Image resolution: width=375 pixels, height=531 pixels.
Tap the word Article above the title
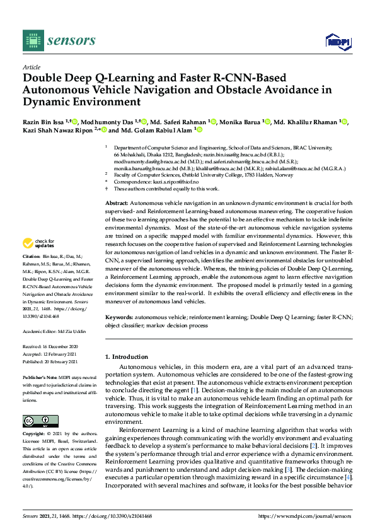click(31, 67)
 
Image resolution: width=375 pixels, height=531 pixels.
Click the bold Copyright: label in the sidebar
click(35, 435)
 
